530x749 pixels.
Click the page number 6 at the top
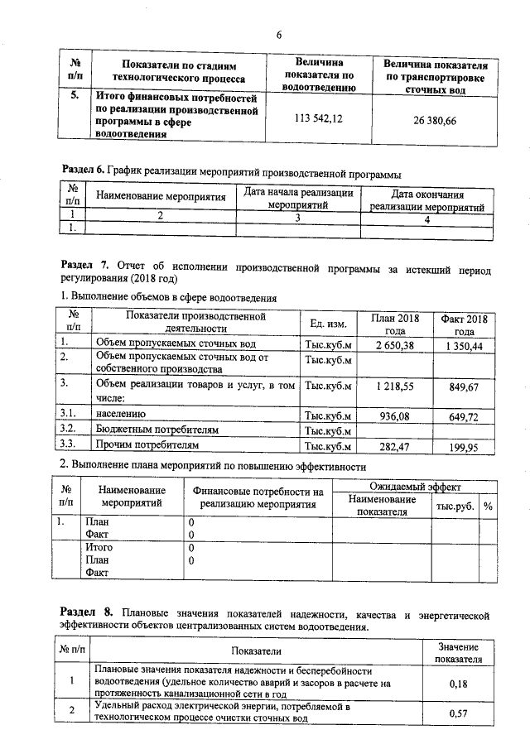tap(279, 34)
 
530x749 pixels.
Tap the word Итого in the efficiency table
tap(99, 547)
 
